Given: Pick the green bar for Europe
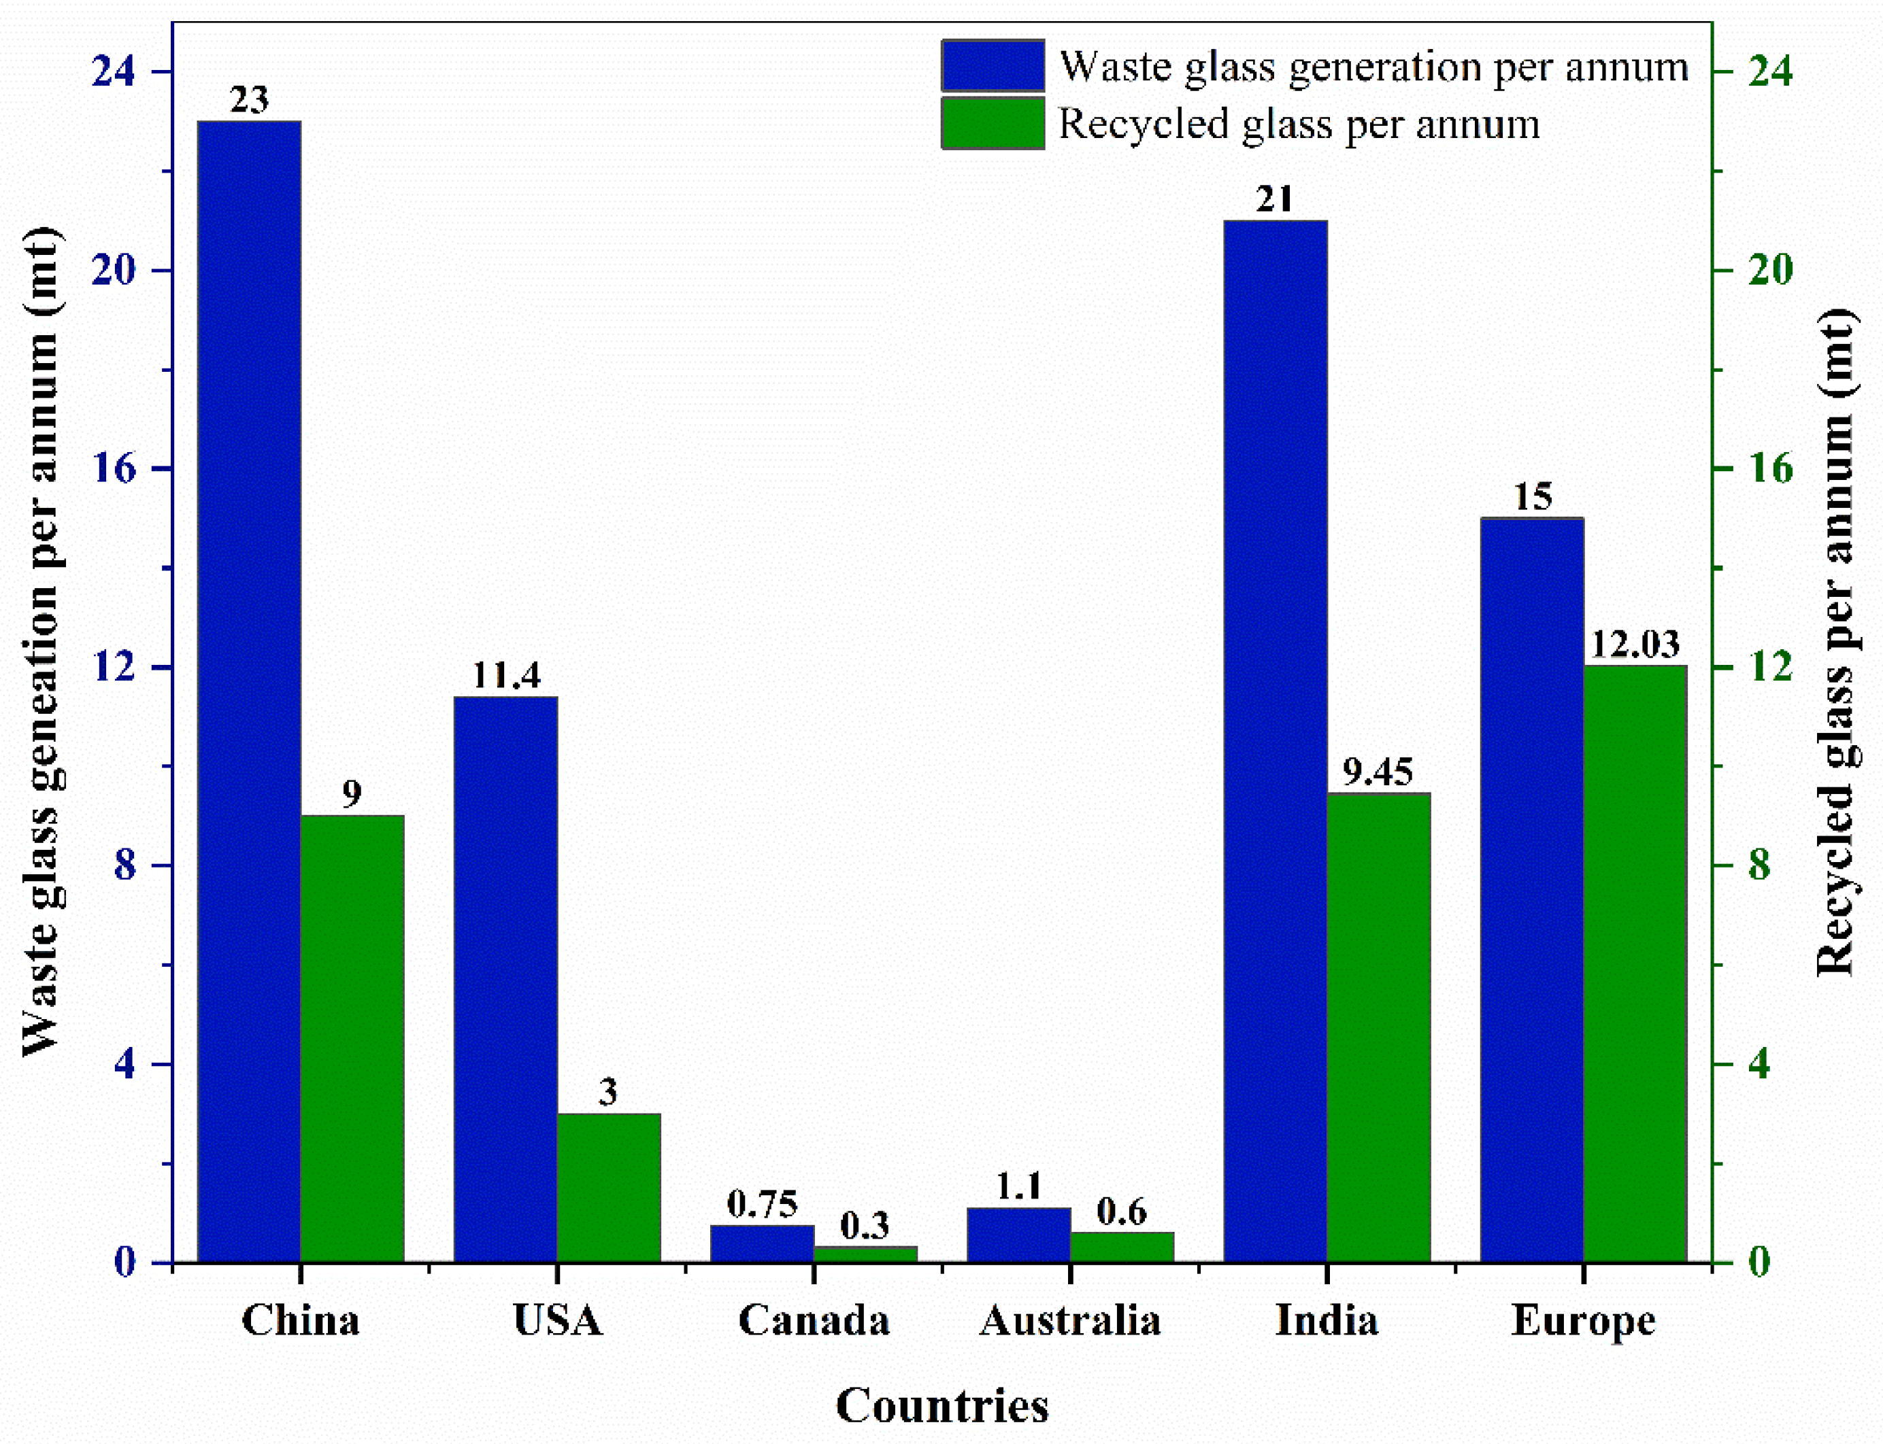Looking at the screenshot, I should pos(1635,963).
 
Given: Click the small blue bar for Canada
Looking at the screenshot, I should pos(762,1243).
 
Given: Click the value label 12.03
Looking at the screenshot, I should pos(1635,644).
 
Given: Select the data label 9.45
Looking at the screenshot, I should pos(1378,772).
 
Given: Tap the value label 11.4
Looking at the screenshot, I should pos(506,676).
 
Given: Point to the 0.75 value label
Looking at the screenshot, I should pos(762,1204).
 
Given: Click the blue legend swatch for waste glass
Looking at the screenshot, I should pos(993,66).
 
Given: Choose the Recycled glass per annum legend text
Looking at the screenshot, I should pos(1299,124).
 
